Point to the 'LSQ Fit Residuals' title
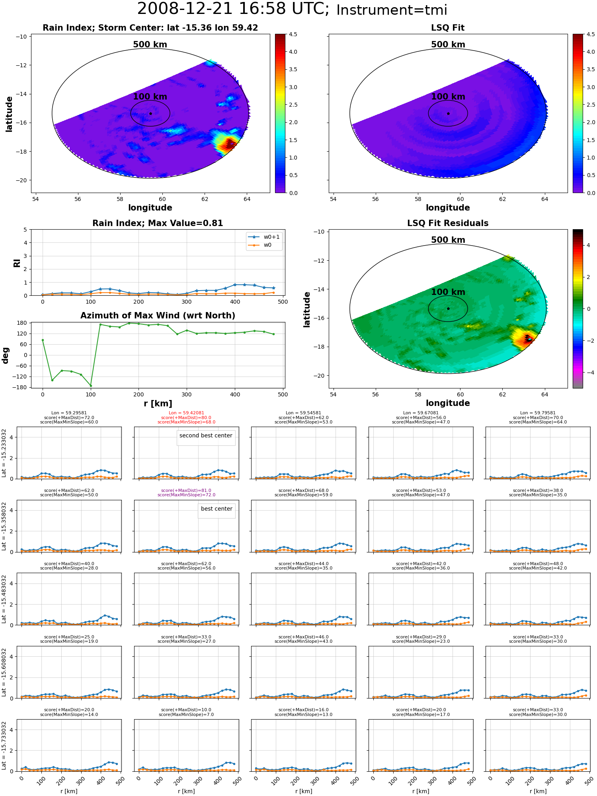pyautogui.click(x=448, y=223)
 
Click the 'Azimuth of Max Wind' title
pyautogui.click(x=158, y=316)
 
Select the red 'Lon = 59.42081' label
pyautogui.click(x=186, y=413)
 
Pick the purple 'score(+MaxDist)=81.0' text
pyautogui.click(x=186, y=490)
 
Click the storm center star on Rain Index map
pyautogui.click(x=150, y=113)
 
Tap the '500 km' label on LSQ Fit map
pyautogui.click(x=448, y=45)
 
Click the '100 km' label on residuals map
pyautogui.click(x=448, y=292)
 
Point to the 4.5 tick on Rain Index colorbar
pyautogui.click(x=293, y=34)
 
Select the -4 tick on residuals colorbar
pyautogui.click(x=588, y=373)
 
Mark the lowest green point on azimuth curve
pyautogui.click(x=91, y=386)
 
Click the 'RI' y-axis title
pyautogui.click(x=17, y=263)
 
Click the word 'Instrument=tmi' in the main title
pyautogui.click(x=392, y=10)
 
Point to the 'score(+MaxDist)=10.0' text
pyautogui.click(x=186, y=710)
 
